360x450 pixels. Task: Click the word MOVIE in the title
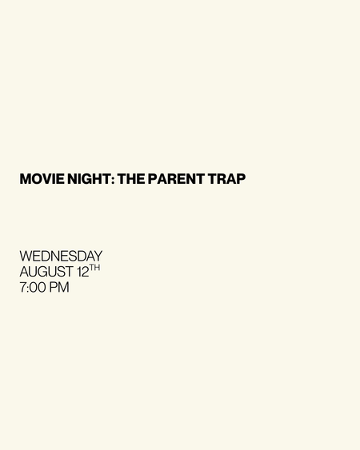42,179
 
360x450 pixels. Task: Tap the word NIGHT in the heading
89,179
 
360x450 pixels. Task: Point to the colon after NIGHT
113,180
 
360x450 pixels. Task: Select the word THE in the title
131,179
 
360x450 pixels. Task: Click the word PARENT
176,179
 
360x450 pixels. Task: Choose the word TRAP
226,179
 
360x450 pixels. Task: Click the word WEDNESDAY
61,256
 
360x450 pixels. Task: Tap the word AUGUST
46,272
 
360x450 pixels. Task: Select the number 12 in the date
83,272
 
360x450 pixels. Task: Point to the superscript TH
95,268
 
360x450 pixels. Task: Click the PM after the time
59,287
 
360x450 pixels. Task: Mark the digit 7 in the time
22,287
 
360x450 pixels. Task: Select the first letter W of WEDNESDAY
26,256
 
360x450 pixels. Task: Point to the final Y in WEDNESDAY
98,256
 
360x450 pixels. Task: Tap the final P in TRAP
241,179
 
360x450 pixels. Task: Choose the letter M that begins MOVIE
26,179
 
